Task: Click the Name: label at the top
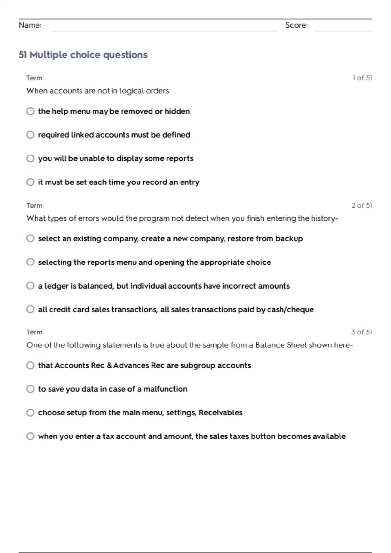pos(30,25)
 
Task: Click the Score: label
pos(296,25)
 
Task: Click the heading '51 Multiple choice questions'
pos(83,55)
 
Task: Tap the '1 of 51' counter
pos(362,78)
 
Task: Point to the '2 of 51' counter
pos(362,205)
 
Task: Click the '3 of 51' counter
pos(361,332)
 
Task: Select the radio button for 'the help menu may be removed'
pos(30,111)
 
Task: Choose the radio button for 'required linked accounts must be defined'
pos(30,135)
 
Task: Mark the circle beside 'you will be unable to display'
pos(30,158)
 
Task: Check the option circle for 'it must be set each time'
pos(30,182)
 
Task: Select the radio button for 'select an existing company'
pos(30,238)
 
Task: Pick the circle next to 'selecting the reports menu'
pos(30,262)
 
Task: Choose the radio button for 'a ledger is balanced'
pos(30,286)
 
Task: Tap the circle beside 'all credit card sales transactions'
pos(30,309)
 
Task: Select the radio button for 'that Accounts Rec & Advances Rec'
pos(30,365)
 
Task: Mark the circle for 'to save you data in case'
pos(30,389)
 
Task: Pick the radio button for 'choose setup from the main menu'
pos(30,412)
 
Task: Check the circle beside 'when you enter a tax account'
pos(30,436)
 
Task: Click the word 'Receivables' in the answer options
pos(221,412)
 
